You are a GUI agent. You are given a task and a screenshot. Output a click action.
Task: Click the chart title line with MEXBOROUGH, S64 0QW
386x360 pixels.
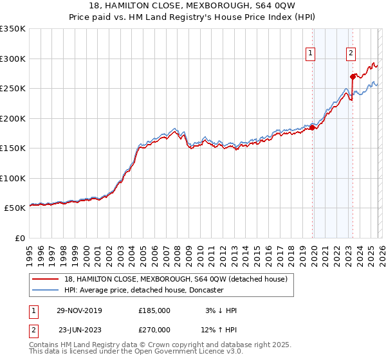tap(192, 4)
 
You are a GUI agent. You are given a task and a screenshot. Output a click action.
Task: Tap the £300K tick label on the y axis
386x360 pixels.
tap(13, 59)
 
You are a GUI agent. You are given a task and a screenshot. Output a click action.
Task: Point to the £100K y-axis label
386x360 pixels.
tap(13, 178)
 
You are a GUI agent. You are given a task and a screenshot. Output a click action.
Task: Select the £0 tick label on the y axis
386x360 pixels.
tap(19, 238)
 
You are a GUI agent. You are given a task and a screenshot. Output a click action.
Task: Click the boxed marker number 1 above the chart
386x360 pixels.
tap(311, 54)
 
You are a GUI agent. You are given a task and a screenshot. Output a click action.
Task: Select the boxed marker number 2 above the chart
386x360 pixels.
tap(351, 54)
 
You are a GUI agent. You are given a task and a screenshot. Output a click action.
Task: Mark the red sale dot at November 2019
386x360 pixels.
tap(313, 127)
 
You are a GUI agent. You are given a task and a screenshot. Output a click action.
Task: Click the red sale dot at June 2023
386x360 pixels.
tap(353, 77)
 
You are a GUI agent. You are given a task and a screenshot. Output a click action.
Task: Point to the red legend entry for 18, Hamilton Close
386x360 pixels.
tap(179, 279)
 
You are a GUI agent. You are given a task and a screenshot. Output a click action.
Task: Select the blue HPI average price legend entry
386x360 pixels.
tap(143, 290)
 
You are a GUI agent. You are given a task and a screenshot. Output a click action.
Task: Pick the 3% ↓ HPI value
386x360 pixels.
tap(219, 310)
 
